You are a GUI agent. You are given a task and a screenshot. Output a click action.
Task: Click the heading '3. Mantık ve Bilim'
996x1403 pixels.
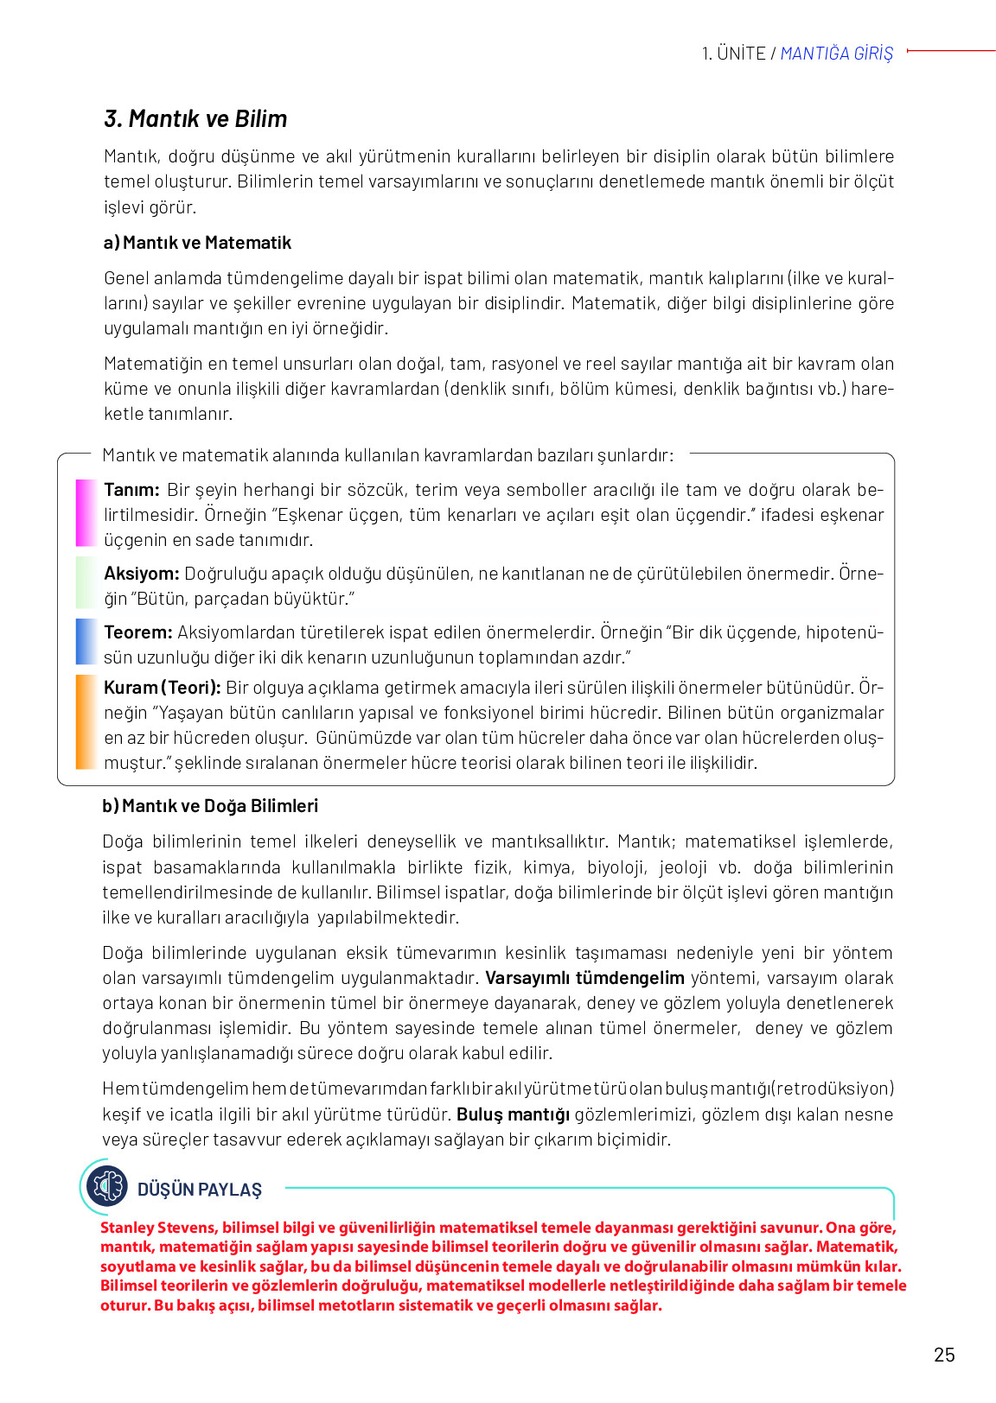click(195, 119)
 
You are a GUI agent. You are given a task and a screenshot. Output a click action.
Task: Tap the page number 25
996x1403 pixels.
click(944, 1355)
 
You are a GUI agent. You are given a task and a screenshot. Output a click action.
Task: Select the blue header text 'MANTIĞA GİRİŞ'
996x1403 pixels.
click(836, 54)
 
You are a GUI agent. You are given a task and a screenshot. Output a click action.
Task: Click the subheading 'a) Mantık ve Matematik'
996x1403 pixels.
click(197, 243)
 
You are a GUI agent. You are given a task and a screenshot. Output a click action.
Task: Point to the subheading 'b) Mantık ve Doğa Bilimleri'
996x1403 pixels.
click(210, 806)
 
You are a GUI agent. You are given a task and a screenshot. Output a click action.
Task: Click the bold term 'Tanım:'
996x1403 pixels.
click(131, 490)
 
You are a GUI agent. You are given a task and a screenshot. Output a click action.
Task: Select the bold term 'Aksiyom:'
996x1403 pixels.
click(141, 574)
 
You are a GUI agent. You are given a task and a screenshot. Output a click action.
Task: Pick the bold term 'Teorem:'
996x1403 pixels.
click(137, 632)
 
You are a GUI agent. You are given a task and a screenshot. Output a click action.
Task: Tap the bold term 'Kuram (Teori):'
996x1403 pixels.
click(163, 688)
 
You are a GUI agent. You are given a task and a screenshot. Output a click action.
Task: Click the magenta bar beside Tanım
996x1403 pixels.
click(86, 513)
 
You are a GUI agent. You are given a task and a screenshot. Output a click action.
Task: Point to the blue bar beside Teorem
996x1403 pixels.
click(86, 642)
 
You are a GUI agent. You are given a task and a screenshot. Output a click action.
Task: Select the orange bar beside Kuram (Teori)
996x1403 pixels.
click(86, 722)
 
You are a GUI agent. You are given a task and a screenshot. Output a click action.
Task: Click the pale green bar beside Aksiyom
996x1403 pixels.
click(86, 583)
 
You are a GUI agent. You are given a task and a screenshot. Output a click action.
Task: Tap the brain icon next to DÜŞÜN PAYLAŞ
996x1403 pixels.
click(107, 1186)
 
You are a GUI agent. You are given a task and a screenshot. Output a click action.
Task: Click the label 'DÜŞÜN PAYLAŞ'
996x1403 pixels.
click(200, 1190)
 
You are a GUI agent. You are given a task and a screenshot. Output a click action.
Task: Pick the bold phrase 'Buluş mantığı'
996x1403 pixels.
click(513, 1114)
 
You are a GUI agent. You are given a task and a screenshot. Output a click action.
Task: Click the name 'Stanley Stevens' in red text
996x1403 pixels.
click(158, 1228)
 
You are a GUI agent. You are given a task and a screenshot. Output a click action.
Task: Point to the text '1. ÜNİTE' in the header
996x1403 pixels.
click(733, 54)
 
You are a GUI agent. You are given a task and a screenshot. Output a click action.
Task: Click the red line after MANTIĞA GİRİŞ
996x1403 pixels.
click(951, 51)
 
